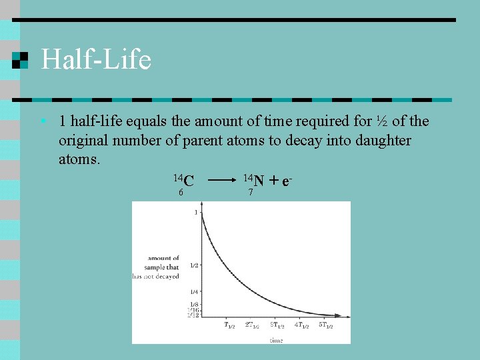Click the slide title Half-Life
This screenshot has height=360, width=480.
coord(96,60)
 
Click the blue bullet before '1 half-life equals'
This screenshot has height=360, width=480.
coord(42,121)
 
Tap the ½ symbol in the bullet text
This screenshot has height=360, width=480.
coord(382,121)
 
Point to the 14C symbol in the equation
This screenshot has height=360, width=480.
coord(184,180)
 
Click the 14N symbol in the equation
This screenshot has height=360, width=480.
coord(253,179)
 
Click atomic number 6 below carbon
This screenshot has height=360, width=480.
coord(181,193)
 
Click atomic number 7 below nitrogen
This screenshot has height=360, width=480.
coord(250,193)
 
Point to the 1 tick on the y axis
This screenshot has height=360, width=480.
coord(196,212)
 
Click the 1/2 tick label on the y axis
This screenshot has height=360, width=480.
coord(193,265)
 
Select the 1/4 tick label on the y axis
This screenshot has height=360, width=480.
coord(193,292)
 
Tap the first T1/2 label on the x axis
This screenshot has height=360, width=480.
coord(229,326)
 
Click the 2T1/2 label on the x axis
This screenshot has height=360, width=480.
coord(252,326)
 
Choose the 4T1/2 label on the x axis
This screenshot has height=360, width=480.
coord(302,326)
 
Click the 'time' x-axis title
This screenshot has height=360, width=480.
coord(276,340)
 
